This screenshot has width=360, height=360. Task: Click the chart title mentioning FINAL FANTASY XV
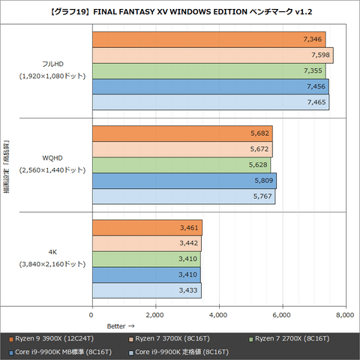pos(180,11)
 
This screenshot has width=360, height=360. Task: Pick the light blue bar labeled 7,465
pos(210,103)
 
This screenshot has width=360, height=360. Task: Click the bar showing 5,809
pos(184,181)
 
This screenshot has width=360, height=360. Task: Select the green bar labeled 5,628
pos(181,165)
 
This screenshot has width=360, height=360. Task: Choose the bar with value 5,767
pos(183,196)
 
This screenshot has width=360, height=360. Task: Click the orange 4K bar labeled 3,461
pos(147,227)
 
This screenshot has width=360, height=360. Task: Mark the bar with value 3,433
pos(146,290)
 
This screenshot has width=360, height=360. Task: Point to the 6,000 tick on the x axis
pos(282,314)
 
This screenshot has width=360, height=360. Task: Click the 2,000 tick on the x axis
pos(155,314)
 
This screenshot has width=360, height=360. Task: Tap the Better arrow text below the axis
pos(120,326)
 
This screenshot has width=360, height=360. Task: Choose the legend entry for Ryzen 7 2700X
pos(289,340)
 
